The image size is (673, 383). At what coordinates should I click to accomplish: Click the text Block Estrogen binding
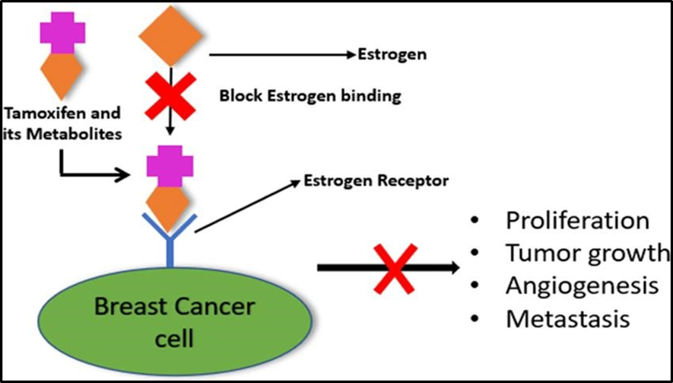(x=310, y=97)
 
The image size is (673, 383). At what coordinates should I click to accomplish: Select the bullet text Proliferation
(x=577, y=221)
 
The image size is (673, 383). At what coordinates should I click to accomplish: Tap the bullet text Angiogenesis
(x=582, y=286)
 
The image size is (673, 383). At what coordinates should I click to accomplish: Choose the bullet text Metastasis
(x=568, y=318)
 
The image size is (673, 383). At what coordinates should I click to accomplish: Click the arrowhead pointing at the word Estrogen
(x=351, y=55)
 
